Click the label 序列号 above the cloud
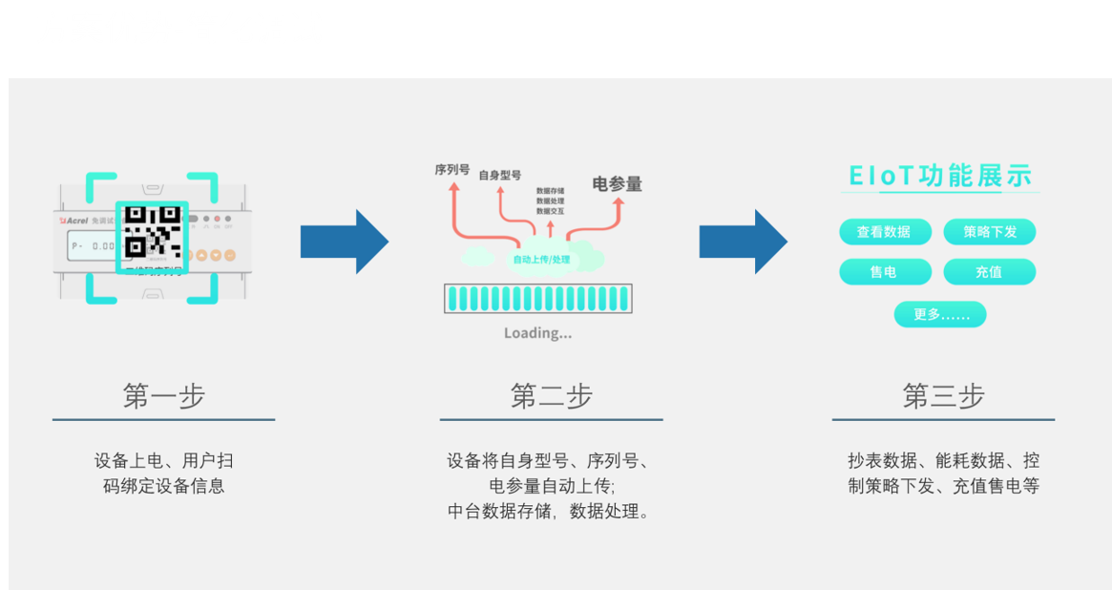tap(451, 170)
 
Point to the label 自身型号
tap(499, 176)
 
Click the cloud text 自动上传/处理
tap(541, 260)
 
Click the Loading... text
tap(537, 333)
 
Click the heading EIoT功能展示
tap(940, 177)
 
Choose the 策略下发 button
tap(989, 232)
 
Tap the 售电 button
tap(884, 272)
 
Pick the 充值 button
tap(989, 272)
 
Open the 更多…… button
tap(940, 314)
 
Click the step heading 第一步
tap(163, 396)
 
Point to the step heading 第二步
tap(551, 396)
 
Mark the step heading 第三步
tap(943, 396)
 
